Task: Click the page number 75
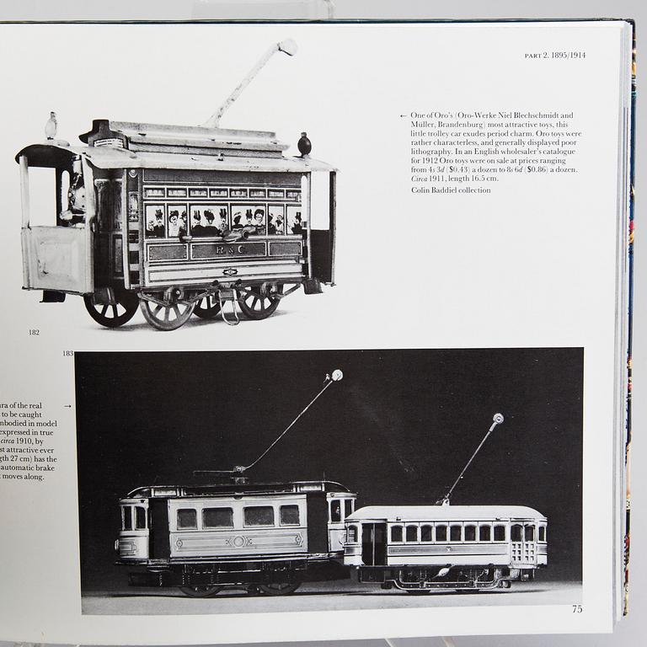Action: pyautogui.click(x=576, y=608)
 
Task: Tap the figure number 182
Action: pyautogui.click(x=34, y=333)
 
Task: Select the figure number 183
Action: pyautogui.click(x=67, y=354)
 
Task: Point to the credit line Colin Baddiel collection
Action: pyautogui.click(x=451, y=190)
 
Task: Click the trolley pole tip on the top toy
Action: pyautogui.click(x=287, y=46)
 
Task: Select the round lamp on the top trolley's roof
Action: pyautogui.click(x=304, y=144)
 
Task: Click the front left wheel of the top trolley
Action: pyautogui.click(x=110, y=308)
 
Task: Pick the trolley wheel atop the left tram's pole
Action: pyautogui.click(x=337, y=376)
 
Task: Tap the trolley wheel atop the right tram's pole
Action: pyautogui.click(x=498, y=419)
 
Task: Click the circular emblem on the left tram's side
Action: pyautogui.click(x=238, y=541)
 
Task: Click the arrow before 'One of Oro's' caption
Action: pyautogui.click(x=403, y=115)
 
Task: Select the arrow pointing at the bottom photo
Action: pyautogui.click(x=67, y=406)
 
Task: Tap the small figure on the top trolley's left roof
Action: pyautogui.click(x=51, y=126)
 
